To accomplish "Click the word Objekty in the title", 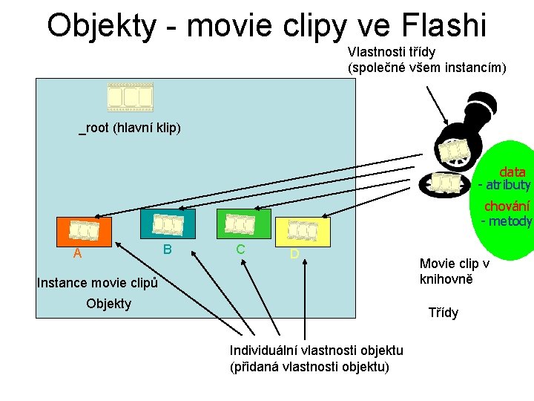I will tap(102, 25).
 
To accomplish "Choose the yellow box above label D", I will tap(303, 231).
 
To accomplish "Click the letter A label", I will tap(77, 254).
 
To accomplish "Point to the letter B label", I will tap(168, 248).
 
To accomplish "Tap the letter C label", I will tap(241, 249).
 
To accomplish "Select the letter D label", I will tap(294, 254).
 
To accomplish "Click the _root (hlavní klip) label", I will tap(131, 128).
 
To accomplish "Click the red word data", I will tap(512, 172).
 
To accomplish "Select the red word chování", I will tap(507, 207).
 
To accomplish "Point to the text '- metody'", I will tap(507, 221).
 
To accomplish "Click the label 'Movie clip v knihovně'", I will tap(454, 271).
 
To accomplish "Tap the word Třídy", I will tap(444, 313).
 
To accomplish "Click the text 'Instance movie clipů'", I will tap(97, 283).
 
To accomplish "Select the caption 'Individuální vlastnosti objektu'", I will tap(316, 351).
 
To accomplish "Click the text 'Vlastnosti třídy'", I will tap(392, 52).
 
